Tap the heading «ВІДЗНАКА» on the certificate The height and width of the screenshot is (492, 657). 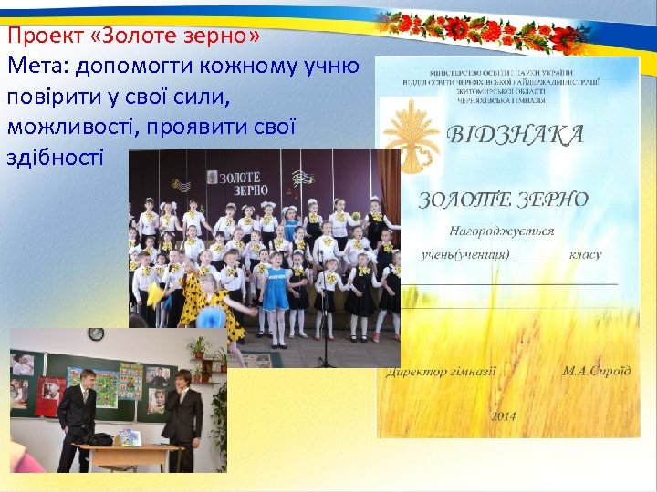[516, 136]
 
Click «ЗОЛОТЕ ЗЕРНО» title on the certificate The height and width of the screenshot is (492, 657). [503, 200]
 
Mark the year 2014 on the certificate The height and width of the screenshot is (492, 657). [503, 415]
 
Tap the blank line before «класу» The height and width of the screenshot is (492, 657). [537, 256]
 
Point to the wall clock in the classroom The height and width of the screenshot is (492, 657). [96, 334]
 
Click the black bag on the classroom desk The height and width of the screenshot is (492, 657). [99, 440]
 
